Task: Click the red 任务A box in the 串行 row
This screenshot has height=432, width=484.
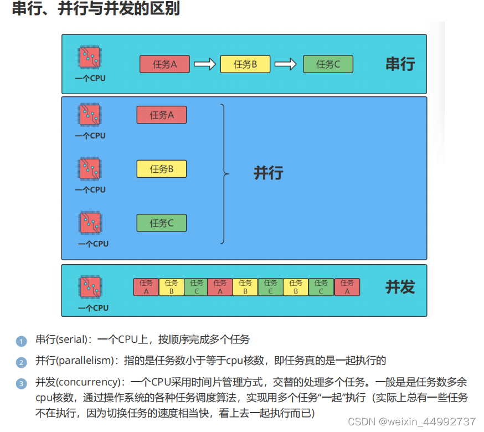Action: (164, 64)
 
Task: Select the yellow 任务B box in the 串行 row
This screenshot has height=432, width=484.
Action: (245, 64)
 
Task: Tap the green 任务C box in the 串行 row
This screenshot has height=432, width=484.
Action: (328, 64)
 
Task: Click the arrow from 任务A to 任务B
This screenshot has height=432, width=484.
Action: (204, 64)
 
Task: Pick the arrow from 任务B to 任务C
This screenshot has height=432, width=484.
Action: (286, 64)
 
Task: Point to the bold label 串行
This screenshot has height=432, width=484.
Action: (400, 64)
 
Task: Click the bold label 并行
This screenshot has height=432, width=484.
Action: (268, 173)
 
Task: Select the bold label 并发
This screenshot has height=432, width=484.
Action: (400, 287)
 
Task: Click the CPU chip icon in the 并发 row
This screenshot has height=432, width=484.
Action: (90, 287)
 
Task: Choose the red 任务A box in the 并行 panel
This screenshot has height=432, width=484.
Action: (162, 115)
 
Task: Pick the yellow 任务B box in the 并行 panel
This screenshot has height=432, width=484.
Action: (162, 169)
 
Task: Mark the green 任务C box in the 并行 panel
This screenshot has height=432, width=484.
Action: (162, 223)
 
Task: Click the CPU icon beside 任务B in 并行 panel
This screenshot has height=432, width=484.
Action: (90, 168)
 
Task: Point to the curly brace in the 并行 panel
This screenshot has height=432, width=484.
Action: (224, 174)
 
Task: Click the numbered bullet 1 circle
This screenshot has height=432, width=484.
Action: (22, 341)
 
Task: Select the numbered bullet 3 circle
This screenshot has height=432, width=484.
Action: (22, 383)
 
